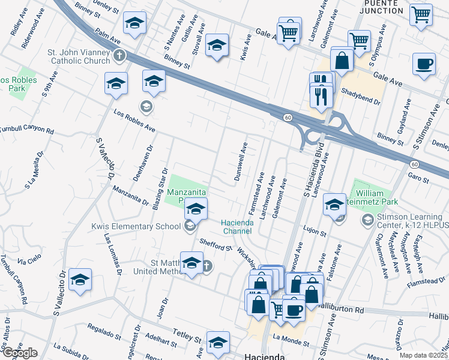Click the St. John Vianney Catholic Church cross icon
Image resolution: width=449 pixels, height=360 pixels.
tap(119, 56)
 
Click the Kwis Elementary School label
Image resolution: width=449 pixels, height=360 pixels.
tap(136, 226)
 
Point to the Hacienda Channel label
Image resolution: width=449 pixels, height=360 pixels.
tap(238, 226)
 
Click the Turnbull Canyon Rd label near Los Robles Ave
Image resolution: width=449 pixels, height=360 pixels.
tap(27, 130)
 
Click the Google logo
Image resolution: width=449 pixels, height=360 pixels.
tap(19, 353)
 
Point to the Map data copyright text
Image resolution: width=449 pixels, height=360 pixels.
tap(424, 355)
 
